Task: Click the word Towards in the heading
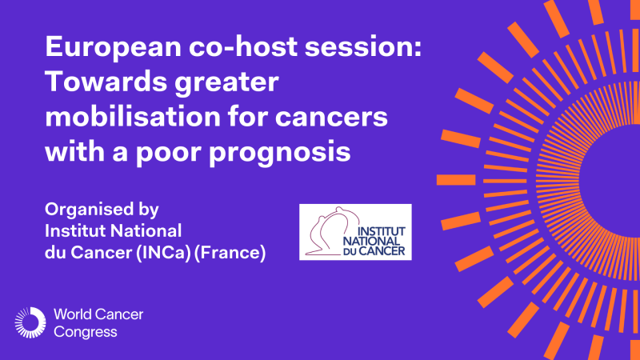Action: [x=100, y=82]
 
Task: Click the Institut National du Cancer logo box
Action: [x=355, y=232]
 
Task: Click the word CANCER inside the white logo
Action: [x=388, y=249]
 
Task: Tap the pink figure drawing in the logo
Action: [x=328, y=232]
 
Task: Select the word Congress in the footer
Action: [x=85, y=331]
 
